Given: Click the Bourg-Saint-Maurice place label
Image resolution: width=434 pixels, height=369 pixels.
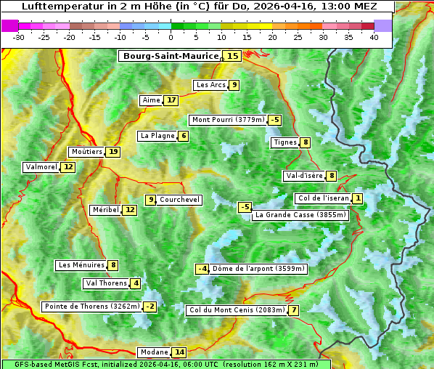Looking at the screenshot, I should point(171,56).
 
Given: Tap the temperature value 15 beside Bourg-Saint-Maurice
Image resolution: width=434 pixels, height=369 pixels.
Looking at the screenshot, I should point(232,56).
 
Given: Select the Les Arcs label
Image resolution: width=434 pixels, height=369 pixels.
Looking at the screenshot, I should point(211,85).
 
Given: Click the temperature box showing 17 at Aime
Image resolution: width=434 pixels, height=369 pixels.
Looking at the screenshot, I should point(171,100).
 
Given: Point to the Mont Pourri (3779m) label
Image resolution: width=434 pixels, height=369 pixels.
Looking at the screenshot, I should point(228,120).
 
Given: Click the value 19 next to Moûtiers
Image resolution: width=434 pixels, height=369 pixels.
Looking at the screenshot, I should point(113,152).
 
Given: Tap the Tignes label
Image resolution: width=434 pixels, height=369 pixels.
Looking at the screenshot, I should point(284,142).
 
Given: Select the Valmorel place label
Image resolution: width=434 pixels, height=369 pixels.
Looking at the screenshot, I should point(41,167).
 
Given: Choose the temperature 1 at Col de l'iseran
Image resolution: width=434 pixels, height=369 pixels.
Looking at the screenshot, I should point(358,198).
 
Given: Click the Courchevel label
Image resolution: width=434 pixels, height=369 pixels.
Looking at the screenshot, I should point(179,200).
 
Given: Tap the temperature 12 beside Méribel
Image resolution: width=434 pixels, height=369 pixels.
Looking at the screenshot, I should point(129,210).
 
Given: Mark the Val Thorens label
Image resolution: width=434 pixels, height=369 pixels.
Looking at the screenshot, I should point(106,283).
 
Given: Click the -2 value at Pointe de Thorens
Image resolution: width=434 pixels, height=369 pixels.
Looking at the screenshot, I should point(150,307).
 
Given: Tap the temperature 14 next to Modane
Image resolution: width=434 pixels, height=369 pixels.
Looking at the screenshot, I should point(179,352).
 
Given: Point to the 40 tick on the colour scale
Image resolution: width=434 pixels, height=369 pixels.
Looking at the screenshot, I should point(374,36).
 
